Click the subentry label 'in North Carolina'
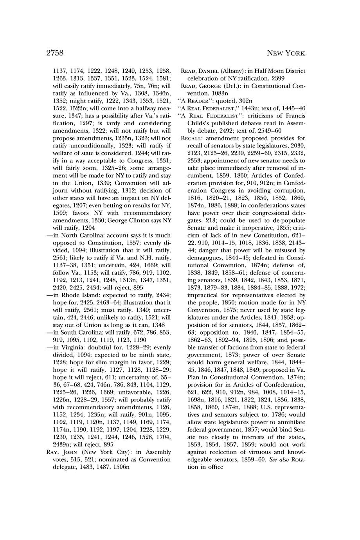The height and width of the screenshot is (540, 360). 76,235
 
